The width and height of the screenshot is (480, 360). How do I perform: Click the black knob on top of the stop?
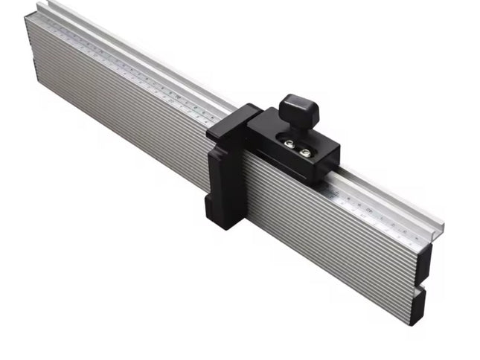pos(300,111)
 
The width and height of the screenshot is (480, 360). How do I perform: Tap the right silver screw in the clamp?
pos(304,152)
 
